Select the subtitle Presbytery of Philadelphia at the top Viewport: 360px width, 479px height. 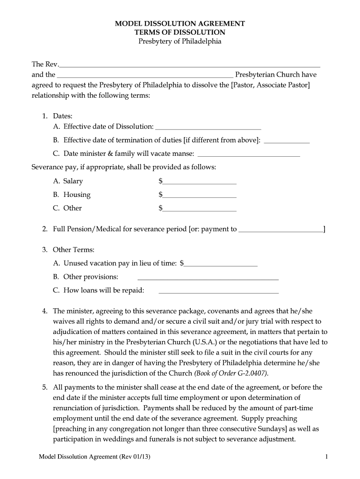[180, 42]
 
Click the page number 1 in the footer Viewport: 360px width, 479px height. [326, 457]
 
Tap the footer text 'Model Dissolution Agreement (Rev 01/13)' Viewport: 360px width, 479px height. [96, 457]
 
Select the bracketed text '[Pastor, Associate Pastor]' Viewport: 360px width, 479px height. [271, 85]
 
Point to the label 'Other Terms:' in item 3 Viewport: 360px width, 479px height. [73, 250]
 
